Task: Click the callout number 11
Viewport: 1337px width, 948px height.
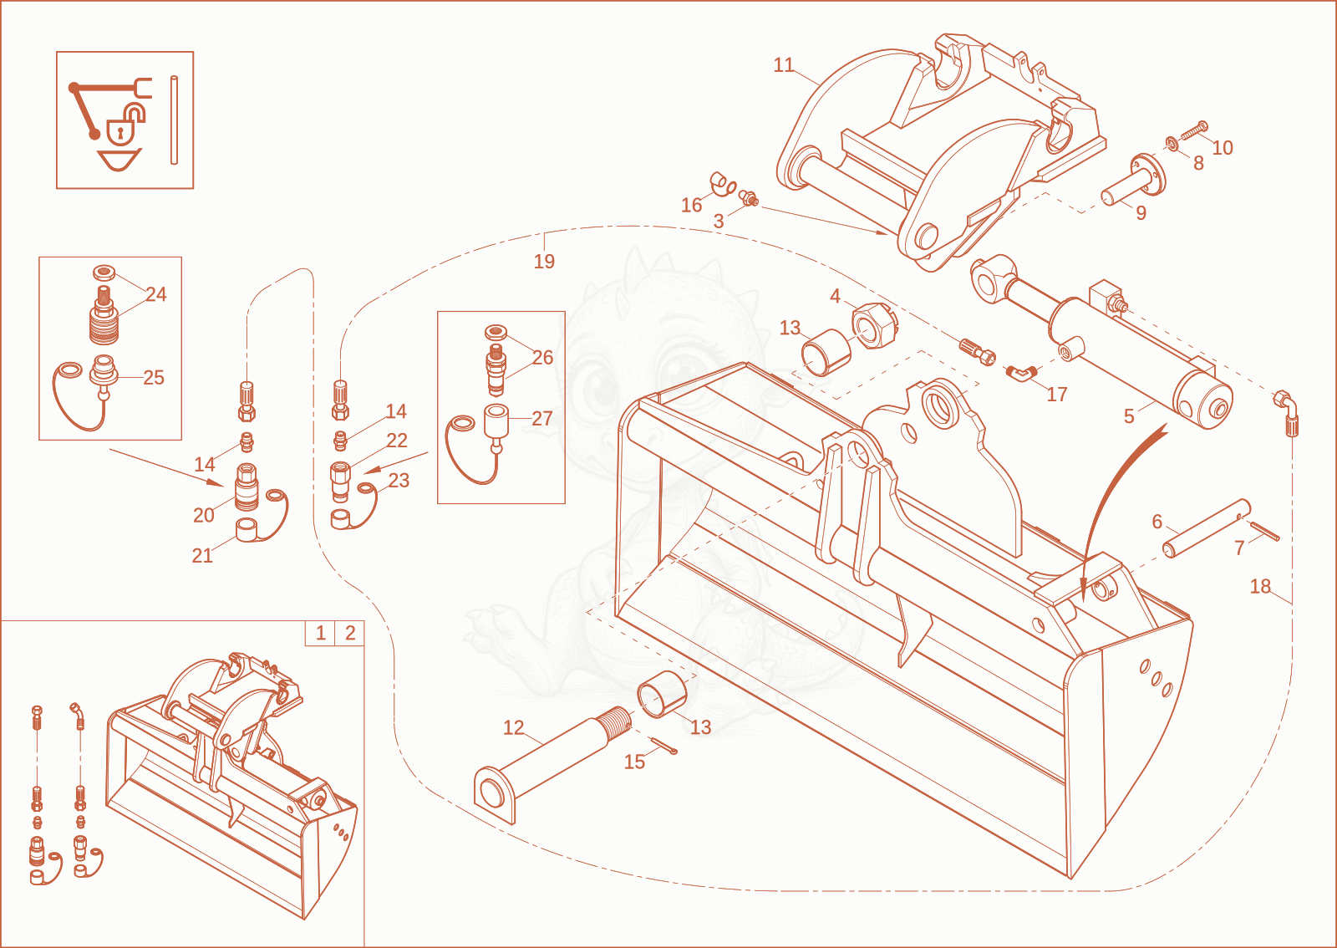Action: (x=783, y=65)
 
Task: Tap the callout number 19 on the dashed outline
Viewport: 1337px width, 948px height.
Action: (x=544, y=262)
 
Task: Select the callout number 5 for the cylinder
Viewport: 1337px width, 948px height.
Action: (x=1129, y=416)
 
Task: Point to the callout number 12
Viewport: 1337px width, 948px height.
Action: (x=513, y=727)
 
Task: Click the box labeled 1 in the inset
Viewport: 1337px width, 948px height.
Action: (x=321, y=633)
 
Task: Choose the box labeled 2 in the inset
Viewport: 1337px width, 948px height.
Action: (x=350, y=633)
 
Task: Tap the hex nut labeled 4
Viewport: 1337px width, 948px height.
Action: (x=874, y=325)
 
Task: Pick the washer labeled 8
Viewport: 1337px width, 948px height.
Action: (x=1172, y=143)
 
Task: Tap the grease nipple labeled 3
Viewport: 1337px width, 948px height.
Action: (x=749, y=197)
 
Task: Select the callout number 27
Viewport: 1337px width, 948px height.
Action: (x=542, y=419)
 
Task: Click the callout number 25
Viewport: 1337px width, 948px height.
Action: (x=154, y=377)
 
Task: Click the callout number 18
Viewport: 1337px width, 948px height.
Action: (x=1260, y=586)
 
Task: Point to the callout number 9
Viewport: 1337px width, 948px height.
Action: (x=1141, y=213)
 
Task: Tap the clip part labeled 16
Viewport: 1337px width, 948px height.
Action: (x=723, y=184)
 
